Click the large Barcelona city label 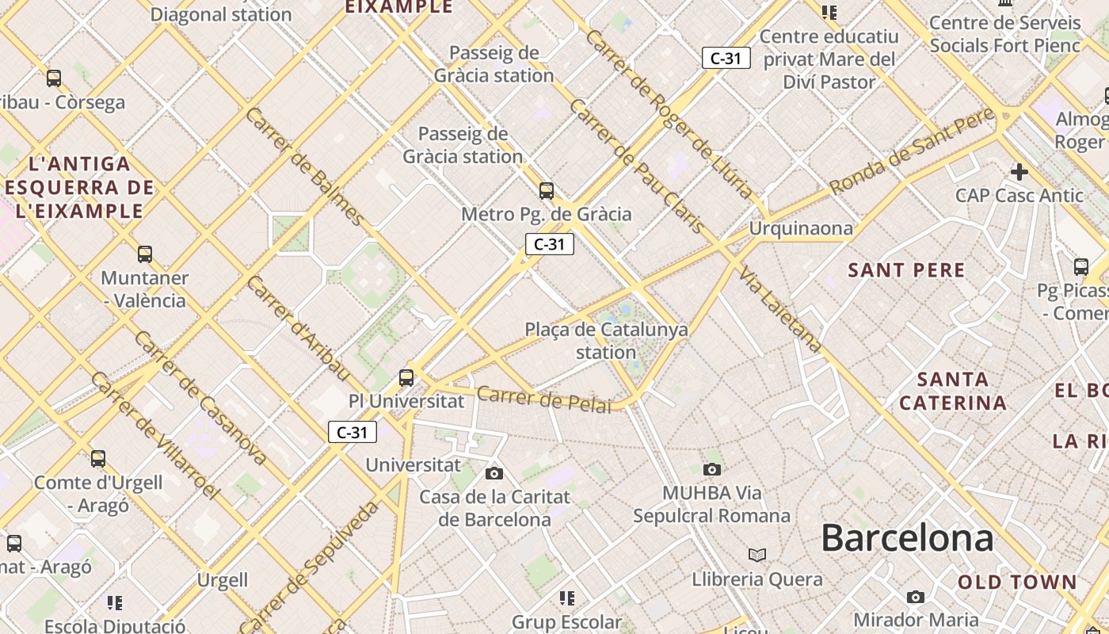tap(907, 538)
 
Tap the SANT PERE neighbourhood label tap(906, 270)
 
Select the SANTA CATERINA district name tap(953, 391)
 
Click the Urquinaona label tap(801, 229)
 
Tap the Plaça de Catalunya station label tap(606, 341)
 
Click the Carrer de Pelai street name tap(544, 399)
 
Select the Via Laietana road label tap(781, 310)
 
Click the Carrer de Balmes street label tap(305, 166)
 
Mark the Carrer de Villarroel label tap(154, 436)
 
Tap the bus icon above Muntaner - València tap(145, 254)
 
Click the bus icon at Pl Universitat tap(406, 378)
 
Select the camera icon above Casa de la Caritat tap(494, 474)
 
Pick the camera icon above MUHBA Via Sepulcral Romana tap(711, 470)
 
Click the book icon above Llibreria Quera tap(757, 555)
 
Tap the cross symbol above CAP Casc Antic tap(1019, 171)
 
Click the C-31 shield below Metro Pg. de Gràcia tap(549, 244)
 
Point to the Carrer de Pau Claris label tap(637, 166)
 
